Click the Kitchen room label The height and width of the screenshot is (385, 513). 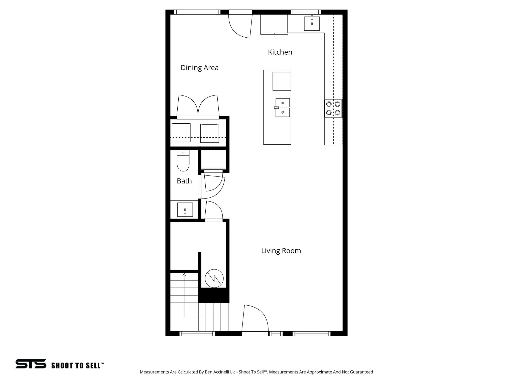[280, 52]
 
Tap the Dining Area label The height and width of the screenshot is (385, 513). [200, 68]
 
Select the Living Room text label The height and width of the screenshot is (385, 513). [281, 251]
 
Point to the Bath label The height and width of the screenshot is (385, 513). [184, 181]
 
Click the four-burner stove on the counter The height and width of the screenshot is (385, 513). [333, 108]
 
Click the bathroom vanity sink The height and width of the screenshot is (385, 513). [185, 210]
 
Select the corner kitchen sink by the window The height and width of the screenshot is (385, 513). [312, 24]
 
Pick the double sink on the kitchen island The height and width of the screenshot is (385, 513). [283, 108]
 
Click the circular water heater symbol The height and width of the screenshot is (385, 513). [214, 278]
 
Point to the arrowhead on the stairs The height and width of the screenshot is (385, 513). [184, 275]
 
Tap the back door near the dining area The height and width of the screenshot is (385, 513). [240, 25]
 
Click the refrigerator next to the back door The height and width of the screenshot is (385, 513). [274, 24]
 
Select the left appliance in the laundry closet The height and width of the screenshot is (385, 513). [181, 133]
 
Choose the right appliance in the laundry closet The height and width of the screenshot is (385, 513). [210, 133]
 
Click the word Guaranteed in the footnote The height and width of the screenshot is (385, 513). [362, 379]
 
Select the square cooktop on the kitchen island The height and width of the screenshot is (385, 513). [282, 81]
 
